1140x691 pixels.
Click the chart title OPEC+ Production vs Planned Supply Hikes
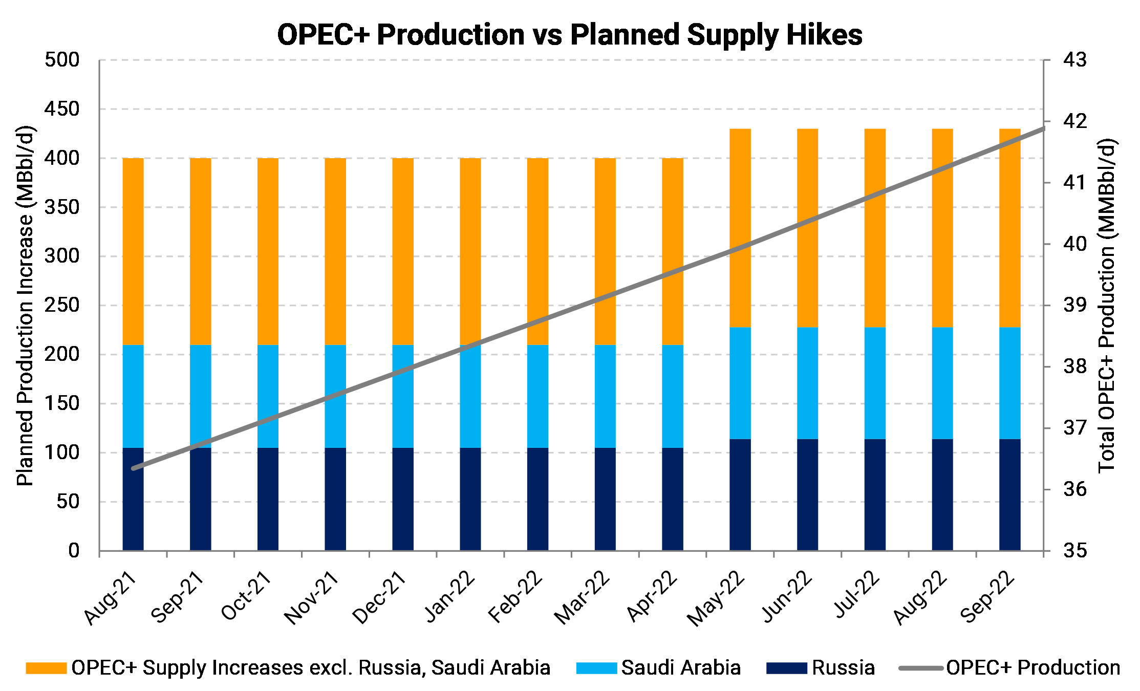[x=569, y=35]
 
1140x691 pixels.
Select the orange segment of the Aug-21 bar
[x=133, y=251]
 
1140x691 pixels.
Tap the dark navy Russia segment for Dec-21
[x=403, y=499]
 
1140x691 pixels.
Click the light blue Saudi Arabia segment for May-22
[x=740, y=383]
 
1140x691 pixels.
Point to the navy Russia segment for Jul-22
[x=875, y=494]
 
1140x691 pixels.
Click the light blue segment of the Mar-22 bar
[x=605, y=396]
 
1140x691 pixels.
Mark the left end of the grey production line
[x=133, y=468]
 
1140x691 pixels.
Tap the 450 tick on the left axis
[x=62, y=109]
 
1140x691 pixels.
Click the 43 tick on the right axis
[x=1074, y=60]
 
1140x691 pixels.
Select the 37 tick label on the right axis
[x=1074, y=428]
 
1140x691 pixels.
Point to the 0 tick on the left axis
[x=74, y=551]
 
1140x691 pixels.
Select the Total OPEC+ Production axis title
[x=1107, y=306]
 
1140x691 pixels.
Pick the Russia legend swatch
[x=786, y=668]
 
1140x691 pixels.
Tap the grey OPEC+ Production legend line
[x=921, y=668]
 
